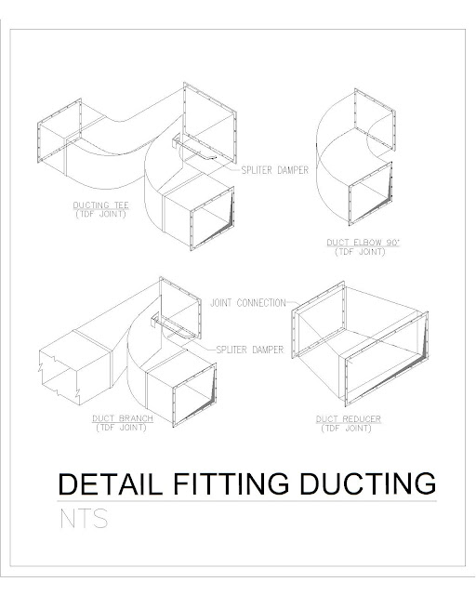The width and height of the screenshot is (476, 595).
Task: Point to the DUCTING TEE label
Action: click(x=100, y=205)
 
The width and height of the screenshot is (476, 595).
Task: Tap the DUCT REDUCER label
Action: click(x=348, y=419)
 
